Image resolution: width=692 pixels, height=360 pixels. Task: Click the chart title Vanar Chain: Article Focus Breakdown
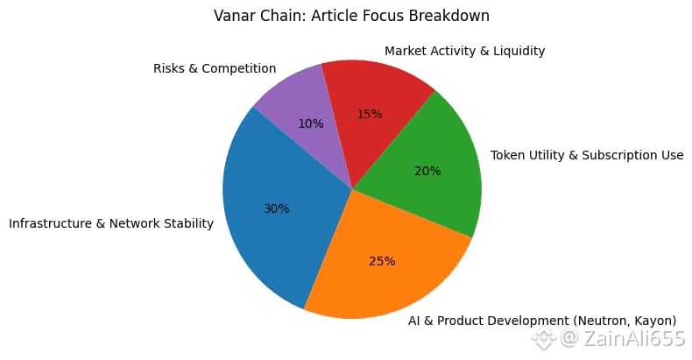(351, 16)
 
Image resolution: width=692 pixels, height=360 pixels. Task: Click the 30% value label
(277, 208)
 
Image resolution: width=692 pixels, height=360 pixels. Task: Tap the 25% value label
(382, 261)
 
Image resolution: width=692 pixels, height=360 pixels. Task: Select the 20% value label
(427, 171)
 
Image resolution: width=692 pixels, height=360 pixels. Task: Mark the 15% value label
(370, 114)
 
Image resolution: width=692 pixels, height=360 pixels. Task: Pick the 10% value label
(310, 124)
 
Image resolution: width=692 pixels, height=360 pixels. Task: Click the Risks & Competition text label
(215, 68)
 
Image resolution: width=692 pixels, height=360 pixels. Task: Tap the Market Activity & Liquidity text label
(464, 51)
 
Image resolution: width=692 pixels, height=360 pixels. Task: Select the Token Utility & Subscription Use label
(586, 155)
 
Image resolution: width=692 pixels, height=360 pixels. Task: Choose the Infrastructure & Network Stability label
(111, 223)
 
